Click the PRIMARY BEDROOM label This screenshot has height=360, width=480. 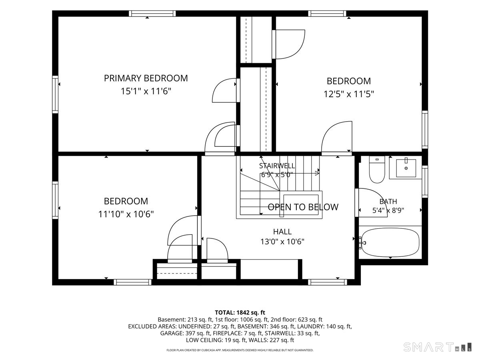(146, 78)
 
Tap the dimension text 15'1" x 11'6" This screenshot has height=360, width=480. (146, 91)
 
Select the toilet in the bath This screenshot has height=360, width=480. (377, 169)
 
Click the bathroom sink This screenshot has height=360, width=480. (406, 168)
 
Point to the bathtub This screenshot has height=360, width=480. (390, 242)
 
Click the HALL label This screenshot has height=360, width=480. (282, 232)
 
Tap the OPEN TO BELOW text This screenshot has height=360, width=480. (303, 207)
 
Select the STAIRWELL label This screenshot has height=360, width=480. (277, 166)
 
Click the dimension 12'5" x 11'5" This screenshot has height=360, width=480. (349, 94)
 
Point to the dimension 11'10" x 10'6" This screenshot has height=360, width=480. (126, 214)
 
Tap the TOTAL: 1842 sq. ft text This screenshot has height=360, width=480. (240, 312)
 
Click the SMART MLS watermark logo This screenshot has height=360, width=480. (437, 347)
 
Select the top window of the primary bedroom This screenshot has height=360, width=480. (152, 14)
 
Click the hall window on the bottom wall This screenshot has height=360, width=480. (327, 282)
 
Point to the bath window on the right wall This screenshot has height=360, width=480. (425, 182)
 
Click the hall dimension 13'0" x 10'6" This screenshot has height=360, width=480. (282, 242)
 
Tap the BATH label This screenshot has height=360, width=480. (388, 201)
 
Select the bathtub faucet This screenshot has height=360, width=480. (362, 243)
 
